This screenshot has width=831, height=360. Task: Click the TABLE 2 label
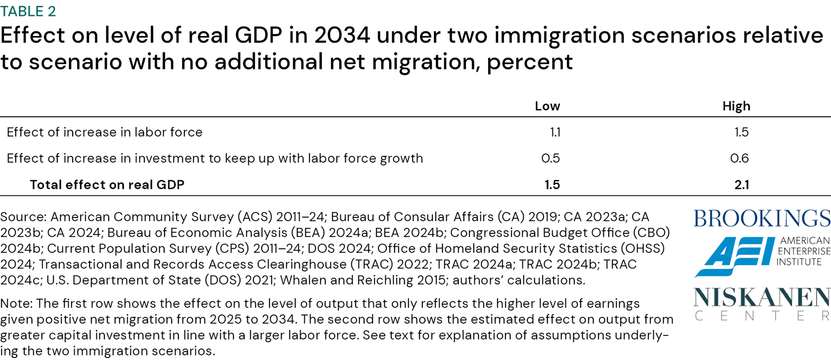point(28,11)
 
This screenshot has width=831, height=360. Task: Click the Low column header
point(547,106)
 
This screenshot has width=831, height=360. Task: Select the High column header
point(736,106)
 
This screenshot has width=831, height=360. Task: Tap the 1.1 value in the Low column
point(555,132)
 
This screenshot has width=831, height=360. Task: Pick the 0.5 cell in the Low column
point(551,158)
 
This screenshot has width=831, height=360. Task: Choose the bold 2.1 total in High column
point(741,184)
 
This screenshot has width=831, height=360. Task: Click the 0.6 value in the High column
point(739,158)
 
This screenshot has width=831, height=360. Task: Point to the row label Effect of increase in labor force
point(104,132)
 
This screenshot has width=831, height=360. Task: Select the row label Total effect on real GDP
point(107,184)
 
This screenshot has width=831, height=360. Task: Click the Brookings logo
point(762,218)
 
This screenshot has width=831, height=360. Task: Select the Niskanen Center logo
point(762,303)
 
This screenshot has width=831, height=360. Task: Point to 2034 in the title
point(342,35)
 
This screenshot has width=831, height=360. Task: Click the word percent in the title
point(529,62)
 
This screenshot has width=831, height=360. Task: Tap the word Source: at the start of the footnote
point(23,217)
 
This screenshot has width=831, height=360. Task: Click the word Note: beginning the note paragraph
point(16,303)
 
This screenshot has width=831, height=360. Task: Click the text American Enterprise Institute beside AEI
point(803,251)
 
